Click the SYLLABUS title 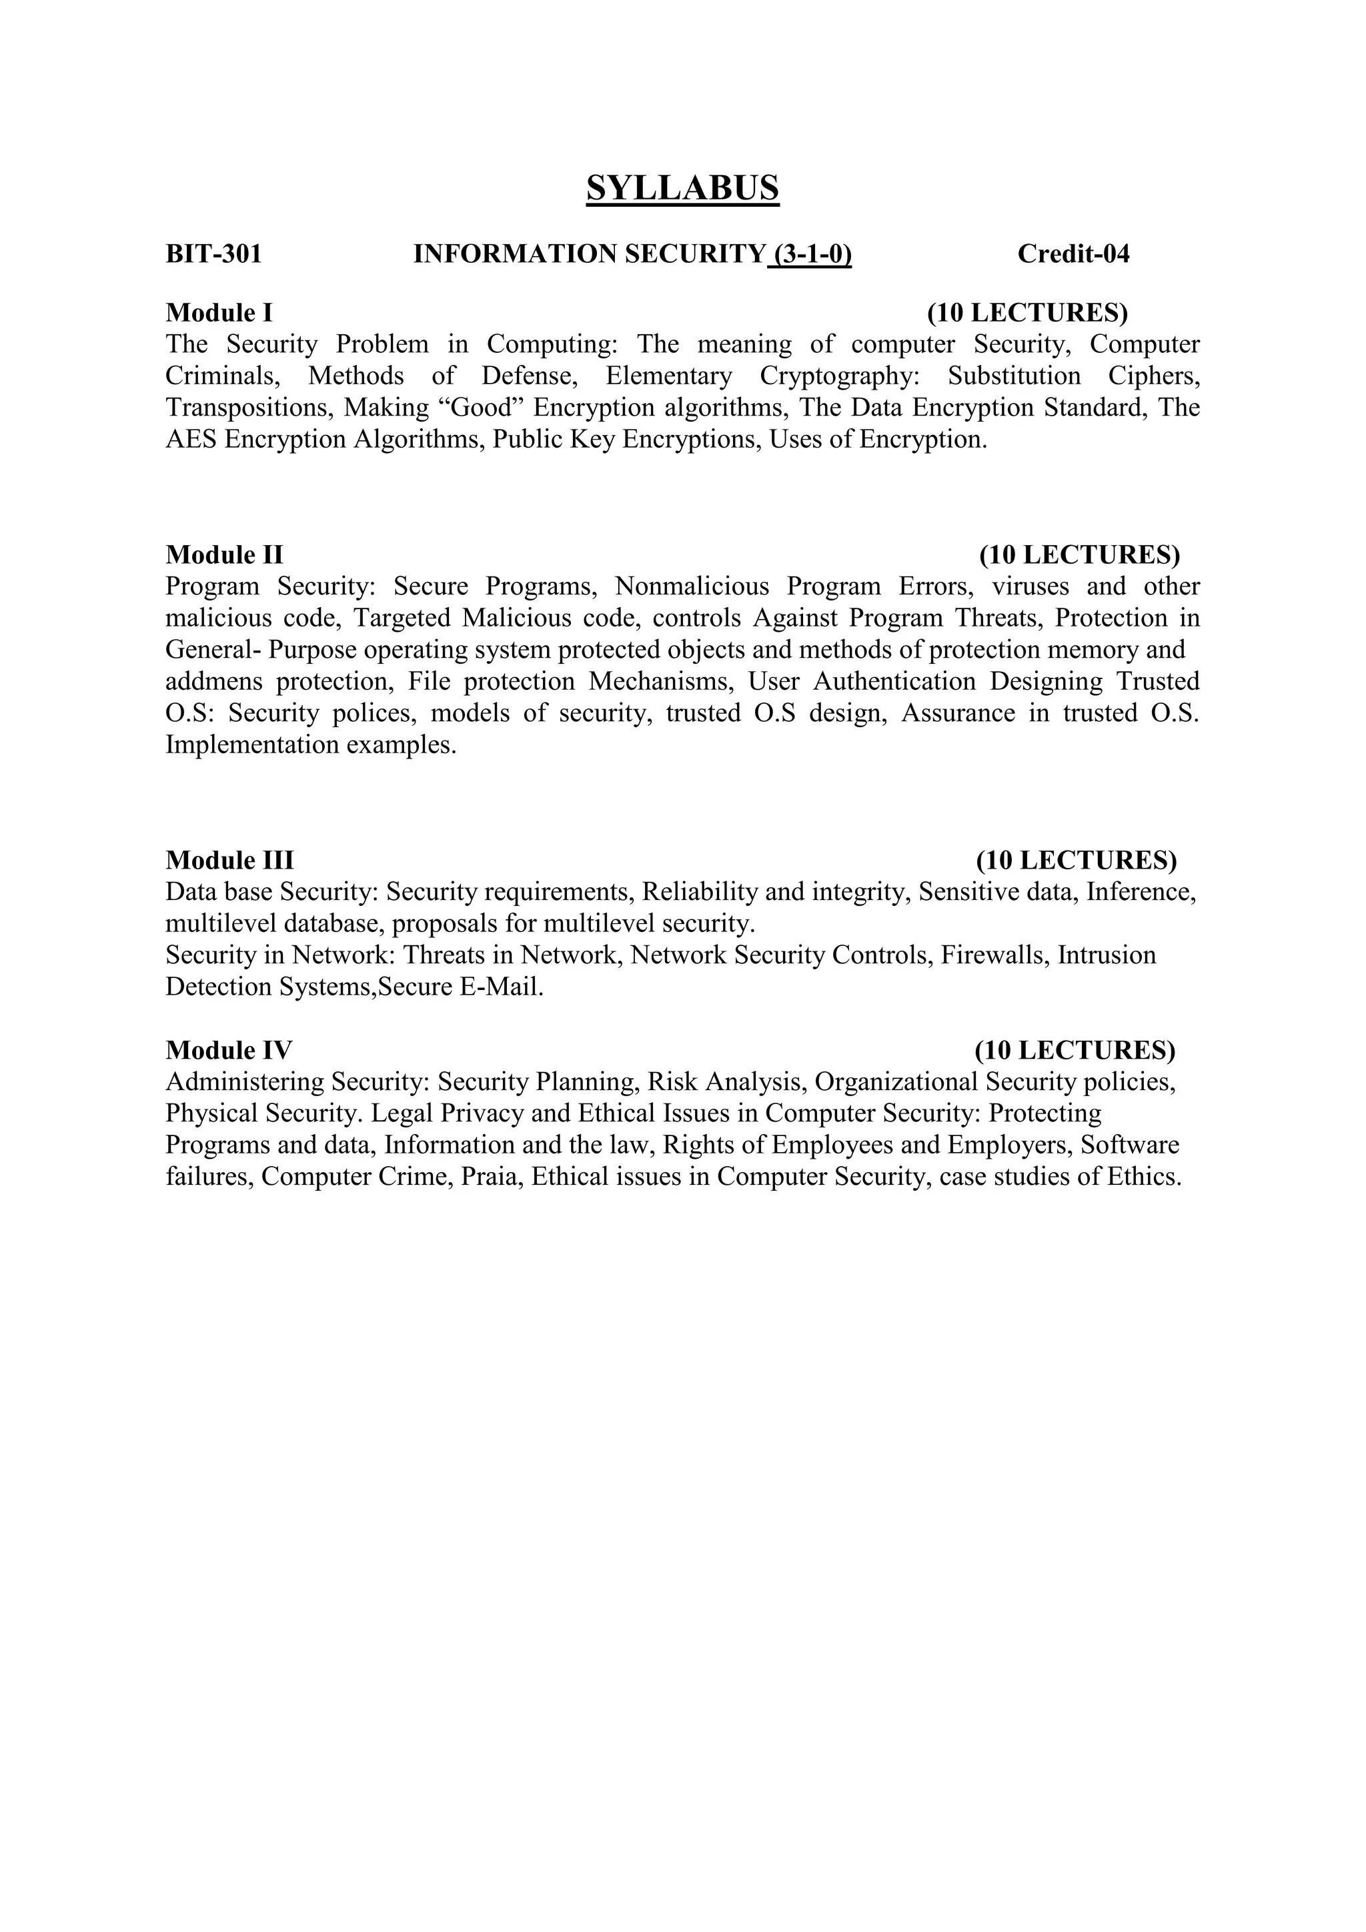[x=682, y=187]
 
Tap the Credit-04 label [x=1073, y=254]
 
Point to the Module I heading [x=219, y=312]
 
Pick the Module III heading [x=229, y=860]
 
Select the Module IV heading [x=229, y=1050]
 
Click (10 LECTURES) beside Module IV [x=1075, y=1050]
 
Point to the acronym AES [x=191, y=439]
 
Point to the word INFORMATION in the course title [x=514, y=254]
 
